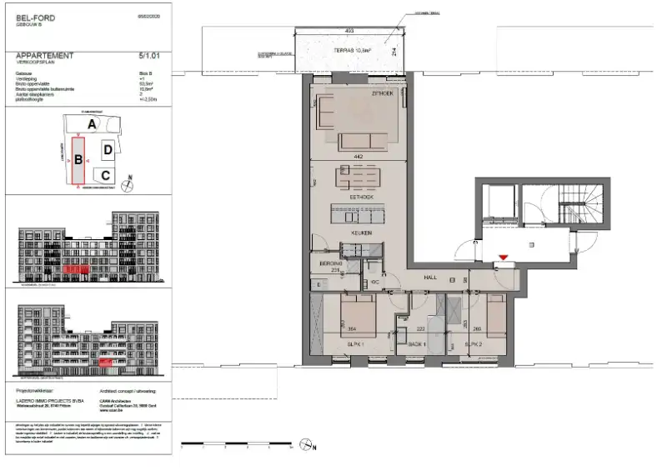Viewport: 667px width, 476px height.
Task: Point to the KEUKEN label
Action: point(360,233)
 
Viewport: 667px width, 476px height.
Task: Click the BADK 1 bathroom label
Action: point(417,343)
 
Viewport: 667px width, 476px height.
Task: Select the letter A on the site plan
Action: point(94,123)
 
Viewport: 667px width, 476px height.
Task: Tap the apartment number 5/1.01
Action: point(150,56)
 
